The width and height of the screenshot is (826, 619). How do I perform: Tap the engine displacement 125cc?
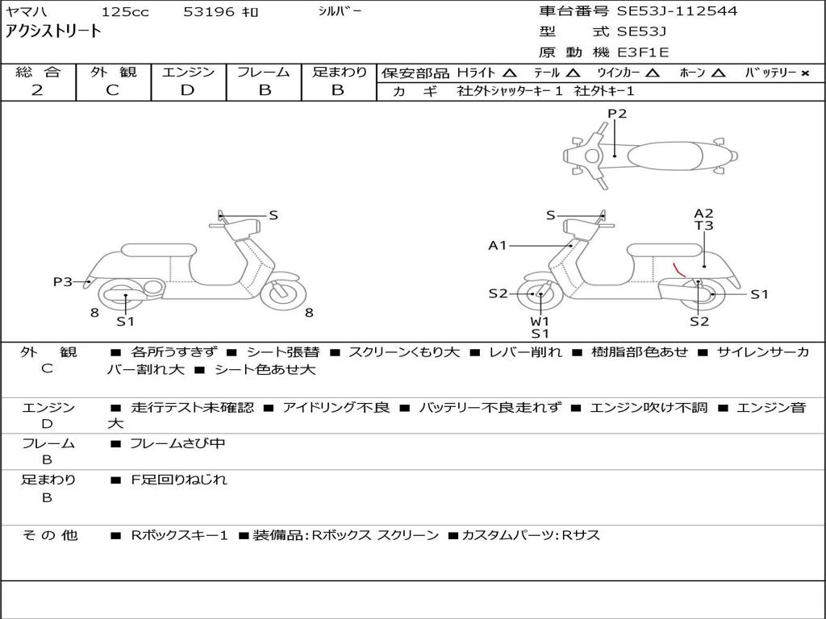point(123,12)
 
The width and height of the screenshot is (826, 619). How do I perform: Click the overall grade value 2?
point(37,90)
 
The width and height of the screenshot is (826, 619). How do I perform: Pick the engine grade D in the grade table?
point(188,90)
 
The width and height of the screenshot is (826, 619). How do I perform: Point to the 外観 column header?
point(113,72)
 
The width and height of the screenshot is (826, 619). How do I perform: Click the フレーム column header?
point(263,72)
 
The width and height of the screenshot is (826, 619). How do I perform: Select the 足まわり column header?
point(339,72)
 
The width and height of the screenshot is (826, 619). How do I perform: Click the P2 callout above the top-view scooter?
point(617,114)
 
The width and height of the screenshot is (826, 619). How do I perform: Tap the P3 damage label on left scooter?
point(63,281)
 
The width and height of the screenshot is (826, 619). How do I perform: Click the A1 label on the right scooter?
point(498,245)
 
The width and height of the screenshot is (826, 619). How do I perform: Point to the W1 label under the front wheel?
point(540,321)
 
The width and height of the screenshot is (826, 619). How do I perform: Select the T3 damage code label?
point(703,226)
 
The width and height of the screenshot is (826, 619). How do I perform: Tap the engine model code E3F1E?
point(643,52)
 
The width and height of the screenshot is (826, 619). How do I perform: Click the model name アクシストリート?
point(54,31)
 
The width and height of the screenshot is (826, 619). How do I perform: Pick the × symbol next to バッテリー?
point(804,73)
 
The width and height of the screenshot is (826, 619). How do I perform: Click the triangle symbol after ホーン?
point(719,73)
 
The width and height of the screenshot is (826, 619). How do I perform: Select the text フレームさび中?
point(177,443)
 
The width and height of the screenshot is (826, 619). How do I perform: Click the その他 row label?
point(48,535)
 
